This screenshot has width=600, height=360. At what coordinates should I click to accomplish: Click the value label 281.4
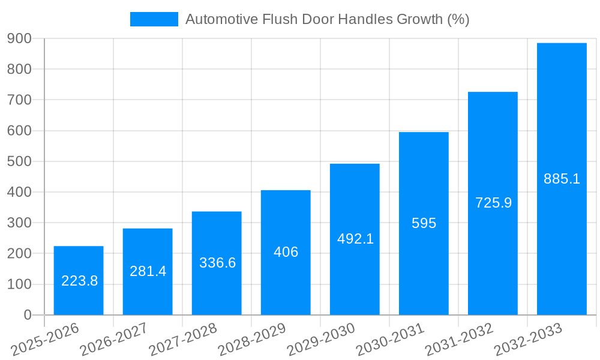(x=148, y=271)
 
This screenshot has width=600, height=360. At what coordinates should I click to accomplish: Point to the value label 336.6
(x=217, y=263)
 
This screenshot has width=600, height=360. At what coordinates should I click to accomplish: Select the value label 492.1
(x=355, y=239)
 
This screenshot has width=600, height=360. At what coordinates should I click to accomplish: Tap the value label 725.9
(x=493, y=203)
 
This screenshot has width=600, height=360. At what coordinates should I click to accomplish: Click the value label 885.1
(x=562, y=179)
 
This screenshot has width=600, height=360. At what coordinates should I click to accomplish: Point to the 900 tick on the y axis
(x=20, y=38)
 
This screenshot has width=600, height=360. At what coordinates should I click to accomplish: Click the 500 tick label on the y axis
(x=20, y=161)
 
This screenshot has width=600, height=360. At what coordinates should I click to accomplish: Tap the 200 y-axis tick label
(x=20, y=254)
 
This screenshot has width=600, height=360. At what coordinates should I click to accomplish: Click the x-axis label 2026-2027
(x=115, y=340)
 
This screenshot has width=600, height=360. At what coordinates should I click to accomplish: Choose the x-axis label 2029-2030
(x=321, y=340)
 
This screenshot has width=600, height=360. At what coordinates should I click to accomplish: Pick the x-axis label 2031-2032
(x=459, y=340)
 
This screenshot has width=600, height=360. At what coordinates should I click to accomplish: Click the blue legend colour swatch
(x=154, y=19)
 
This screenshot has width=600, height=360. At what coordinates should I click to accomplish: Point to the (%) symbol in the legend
(x=458, y=19)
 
